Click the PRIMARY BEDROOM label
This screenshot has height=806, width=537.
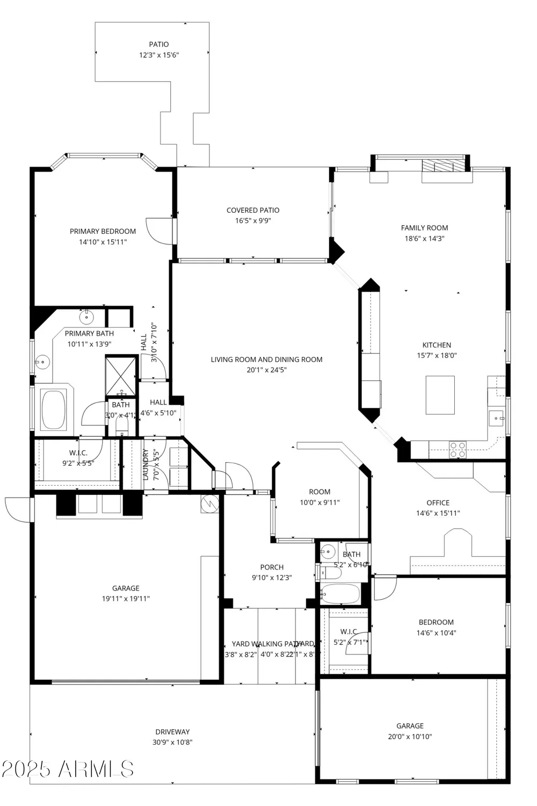[x=103, y=231]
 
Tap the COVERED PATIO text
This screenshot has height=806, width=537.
[x=252, y=210]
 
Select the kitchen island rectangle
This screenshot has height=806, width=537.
[x=440, y=395]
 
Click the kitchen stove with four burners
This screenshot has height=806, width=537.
[x=457, y=450]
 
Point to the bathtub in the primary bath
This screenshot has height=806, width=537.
[x=53, y=410]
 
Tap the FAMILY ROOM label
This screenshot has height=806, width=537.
[x=424, y=228]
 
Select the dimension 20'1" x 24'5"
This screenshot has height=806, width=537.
[x=266, y=370]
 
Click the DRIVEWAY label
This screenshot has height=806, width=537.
[x=172, y=732]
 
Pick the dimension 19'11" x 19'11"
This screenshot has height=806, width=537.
[x=126, y=599]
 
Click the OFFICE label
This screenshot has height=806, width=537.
[x=438, y=503]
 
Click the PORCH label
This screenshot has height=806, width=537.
[x=272, y=567]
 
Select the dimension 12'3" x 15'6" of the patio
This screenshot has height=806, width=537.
[x=158, y=55]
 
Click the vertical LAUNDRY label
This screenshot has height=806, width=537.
[x=146, y=464]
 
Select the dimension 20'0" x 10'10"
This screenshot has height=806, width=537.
[x=410, y=737]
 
